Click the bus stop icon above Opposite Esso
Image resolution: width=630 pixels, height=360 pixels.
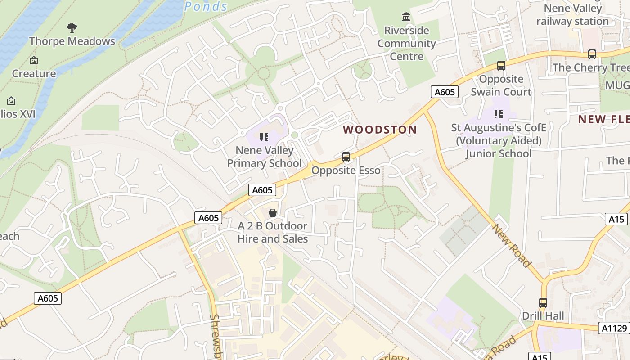pyautogui.click(x=346, y=157)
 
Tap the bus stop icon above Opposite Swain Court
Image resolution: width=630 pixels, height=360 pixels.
pyautogui.click(x=501, y=66)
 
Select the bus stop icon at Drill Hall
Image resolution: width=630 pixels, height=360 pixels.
pyautogui.click(x=543, y=303)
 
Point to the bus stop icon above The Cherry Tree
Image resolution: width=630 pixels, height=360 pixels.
pyautogui.click(x=592, y=54)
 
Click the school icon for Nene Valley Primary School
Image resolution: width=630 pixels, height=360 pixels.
pyautogui.click(x=264, y=137)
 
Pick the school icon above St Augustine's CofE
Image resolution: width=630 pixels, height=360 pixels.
pyautogui.click(x=498, y=114)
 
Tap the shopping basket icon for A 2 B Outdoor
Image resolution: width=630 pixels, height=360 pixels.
pyautogui.click(x=272, y=213)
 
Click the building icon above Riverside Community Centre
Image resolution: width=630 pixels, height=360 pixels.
pyautogui.click(x=406, y=17)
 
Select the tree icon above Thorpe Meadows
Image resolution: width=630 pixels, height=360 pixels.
pyautogui.click(x=72, y=28)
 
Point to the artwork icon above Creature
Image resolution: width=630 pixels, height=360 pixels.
pyautogui.click(x=34, y=60)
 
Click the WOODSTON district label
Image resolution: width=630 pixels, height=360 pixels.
pyautogui.click(x=380, y=130)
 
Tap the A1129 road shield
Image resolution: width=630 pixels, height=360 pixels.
pyautogui.click(x=614, y=328)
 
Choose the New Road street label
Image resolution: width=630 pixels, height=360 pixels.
pyautogui.click(x=511, y=246)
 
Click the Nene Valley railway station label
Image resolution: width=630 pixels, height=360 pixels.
pyautogui.click(x=572, y=15)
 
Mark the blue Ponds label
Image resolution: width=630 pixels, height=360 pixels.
pyautogui.click(x=206, y=6)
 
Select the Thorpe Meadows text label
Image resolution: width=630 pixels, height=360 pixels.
pyautogui.click(x=72, y=41)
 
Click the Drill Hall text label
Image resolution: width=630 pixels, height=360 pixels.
pyautogui.click(x=543, y=316)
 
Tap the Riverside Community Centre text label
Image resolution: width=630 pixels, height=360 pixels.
pyautogui.click(x=406, y=44)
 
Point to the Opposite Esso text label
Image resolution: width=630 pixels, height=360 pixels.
pyautogui.click(x=346, y=171)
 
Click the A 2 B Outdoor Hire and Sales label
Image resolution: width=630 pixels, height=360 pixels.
pyautogui.click(x=272, y=232)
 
